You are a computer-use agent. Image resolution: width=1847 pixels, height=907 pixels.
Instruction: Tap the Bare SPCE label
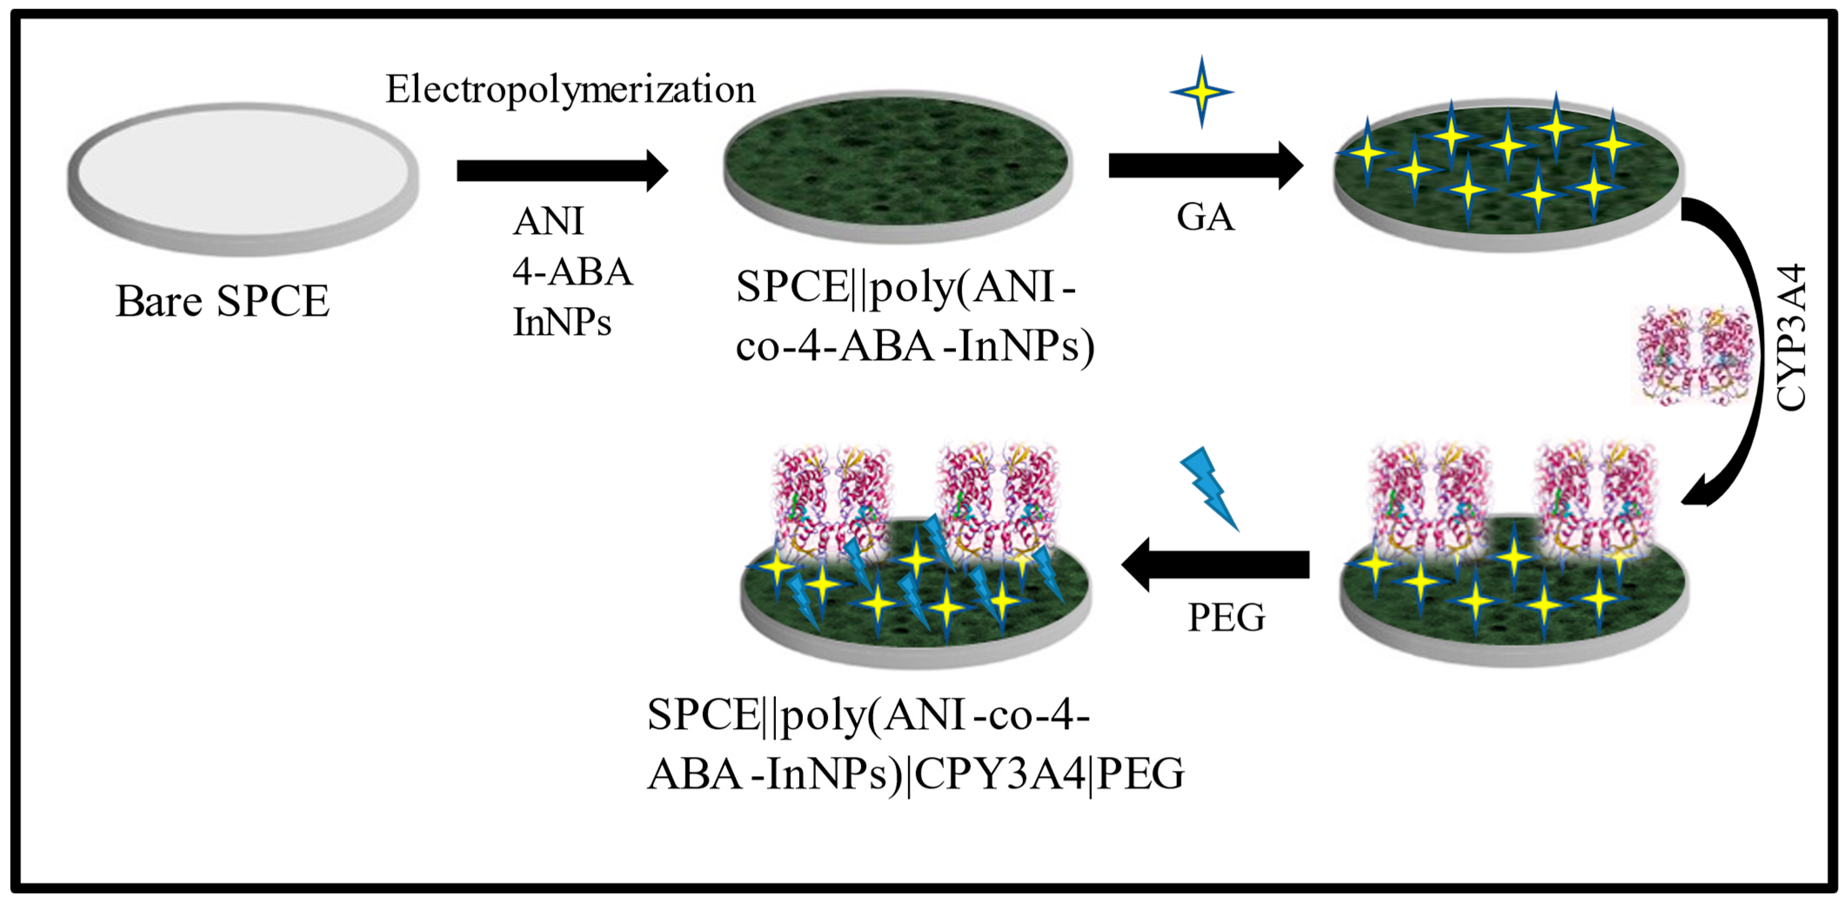coord(222,301)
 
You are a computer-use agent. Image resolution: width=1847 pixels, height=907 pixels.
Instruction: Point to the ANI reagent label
coord(548,221)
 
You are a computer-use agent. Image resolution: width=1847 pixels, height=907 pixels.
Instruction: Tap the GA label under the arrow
coord(1205,217)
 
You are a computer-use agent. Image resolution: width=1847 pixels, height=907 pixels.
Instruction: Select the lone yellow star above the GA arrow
coord(1202,92)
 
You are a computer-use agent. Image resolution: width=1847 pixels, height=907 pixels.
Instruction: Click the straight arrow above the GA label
coord(1205,166)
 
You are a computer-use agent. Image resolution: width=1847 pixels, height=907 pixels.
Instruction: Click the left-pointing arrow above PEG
coord(1216,564)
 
